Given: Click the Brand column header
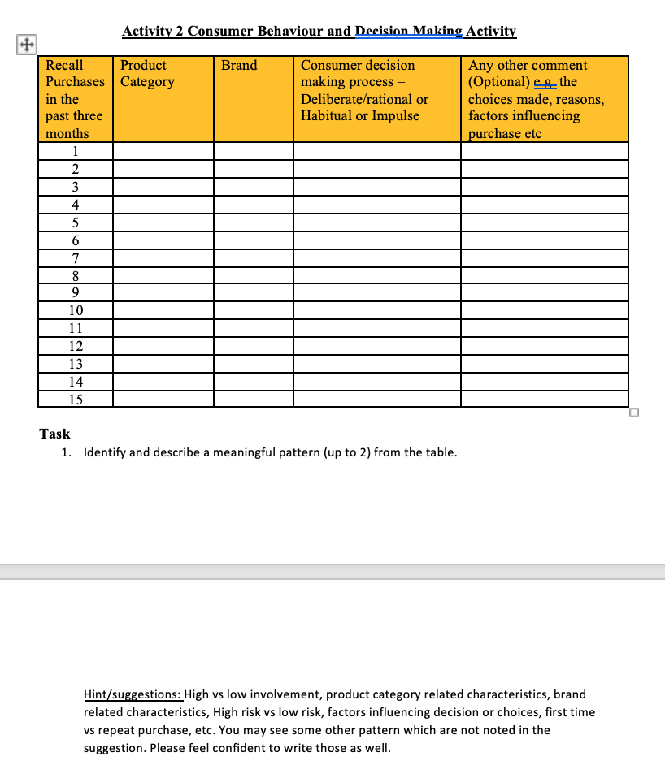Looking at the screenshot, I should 239,65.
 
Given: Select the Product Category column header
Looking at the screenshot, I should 147,73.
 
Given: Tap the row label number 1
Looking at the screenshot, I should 75,151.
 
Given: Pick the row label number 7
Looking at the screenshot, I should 75,257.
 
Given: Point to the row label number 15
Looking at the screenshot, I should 75,399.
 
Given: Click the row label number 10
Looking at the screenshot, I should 75,310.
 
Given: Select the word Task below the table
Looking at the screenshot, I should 55,434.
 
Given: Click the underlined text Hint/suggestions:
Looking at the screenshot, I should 134,694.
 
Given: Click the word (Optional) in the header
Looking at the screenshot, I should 496,82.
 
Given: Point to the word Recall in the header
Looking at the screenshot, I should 64,65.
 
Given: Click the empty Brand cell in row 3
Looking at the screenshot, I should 253,187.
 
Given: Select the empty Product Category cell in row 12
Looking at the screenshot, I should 163,346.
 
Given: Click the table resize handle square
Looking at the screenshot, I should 634,413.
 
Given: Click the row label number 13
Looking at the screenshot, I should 75,363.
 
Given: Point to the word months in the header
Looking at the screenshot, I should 67,133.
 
